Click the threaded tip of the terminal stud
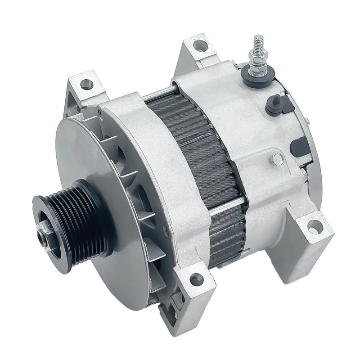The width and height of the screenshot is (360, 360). pyautogui.click(x=257, y=41)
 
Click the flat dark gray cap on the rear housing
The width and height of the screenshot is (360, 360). pyautogui.click(x=297, y=145)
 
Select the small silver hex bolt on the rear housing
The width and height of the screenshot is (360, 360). pyautogui.click(x=276, y=157)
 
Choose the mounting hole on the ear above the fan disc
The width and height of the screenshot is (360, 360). pyautogui.click(x=85, y=82)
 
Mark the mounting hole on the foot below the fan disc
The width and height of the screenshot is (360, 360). pyautogui.click(x=194, y=280)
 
